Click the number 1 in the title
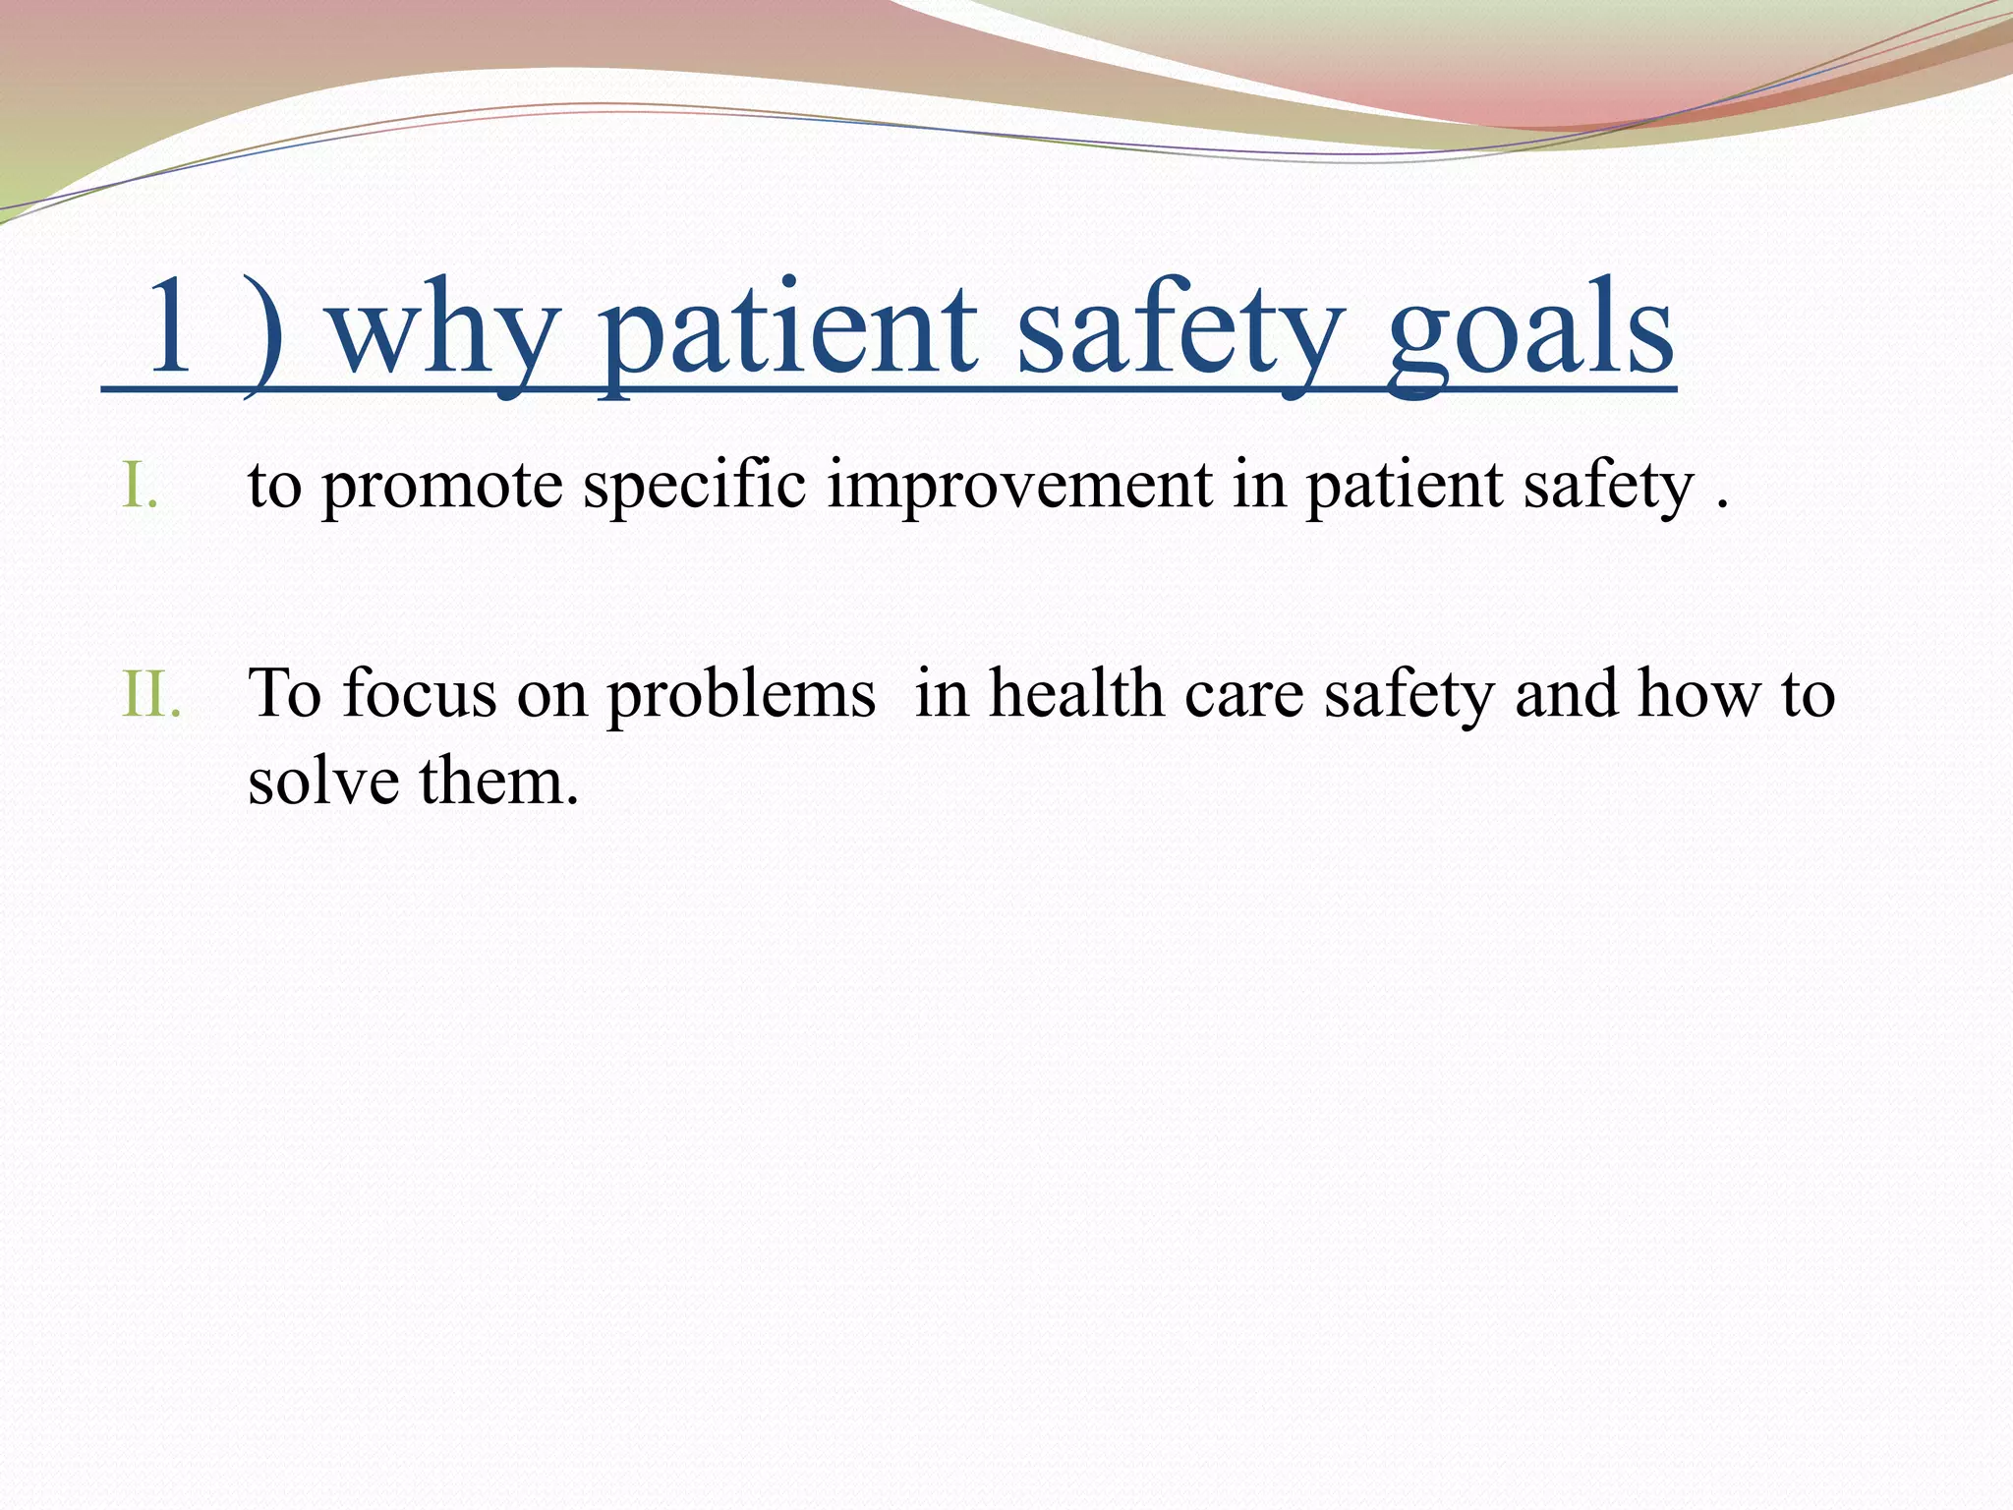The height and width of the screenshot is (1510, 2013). pos(169,326)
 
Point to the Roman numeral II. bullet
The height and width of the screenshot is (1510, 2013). pos(152,694)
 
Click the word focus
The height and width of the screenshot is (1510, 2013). pos(420,694)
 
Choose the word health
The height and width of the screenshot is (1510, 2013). pos(1075,694)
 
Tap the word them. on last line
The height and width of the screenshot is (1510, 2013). pos(499,783)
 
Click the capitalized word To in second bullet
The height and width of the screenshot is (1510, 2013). pos(285,694)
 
